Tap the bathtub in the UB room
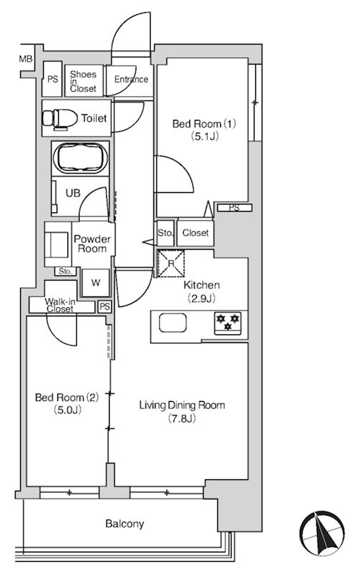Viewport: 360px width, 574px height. pos(80,158)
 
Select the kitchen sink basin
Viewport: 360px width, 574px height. pos(173,324)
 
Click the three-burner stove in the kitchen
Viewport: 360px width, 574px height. pos(227,323)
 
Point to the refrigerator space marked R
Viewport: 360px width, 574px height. pos(171,263)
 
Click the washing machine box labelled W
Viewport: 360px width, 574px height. pos(95,283)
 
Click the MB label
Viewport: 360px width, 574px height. pos(26,59)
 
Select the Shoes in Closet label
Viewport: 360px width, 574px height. pos(83,81)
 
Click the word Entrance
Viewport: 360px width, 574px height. pos(131,80)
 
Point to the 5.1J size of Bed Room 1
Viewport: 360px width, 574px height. pos(204,136)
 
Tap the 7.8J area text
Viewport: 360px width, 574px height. pos(182,418)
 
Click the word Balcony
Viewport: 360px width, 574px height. pos(124,524)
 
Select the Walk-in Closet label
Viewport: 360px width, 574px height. pos(60,306)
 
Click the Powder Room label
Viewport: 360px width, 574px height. pos(93,244)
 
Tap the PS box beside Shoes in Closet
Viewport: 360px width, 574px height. pos(52,79)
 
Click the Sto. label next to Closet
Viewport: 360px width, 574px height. pos(165,232)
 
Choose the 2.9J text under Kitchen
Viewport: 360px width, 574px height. pos(202,298)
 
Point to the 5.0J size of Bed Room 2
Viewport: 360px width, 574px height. pos(67,410)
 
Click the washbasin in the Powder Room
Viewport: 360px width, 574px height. pos(57,245)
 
